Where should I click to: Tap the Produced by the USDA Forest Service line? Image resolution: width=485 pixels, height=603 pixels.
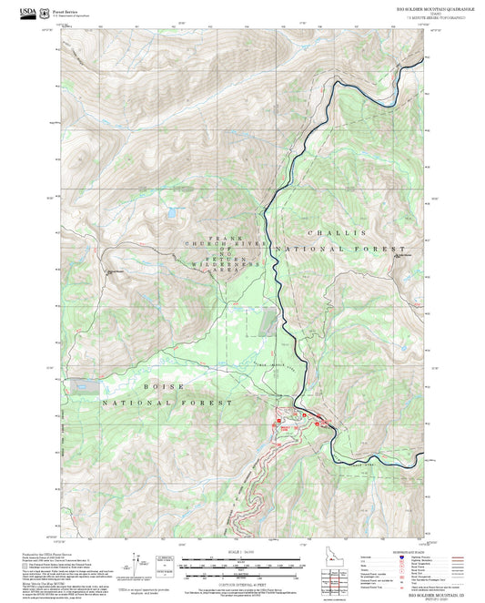54,552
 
